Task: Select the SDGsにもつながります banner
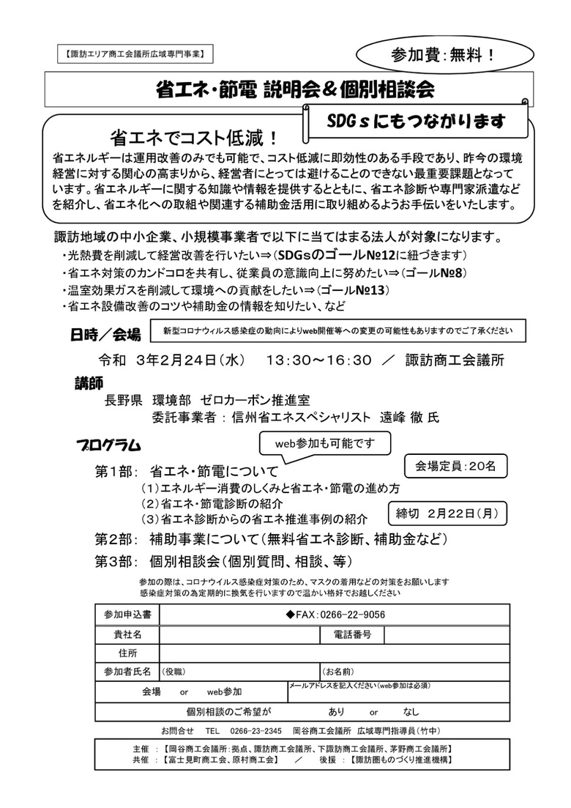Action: [417, 121]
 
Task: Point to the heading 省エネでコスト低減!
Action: [194, 137]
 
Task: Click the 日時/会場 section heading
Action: [105, 334]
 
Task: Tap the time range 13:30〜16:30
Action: [319, 360]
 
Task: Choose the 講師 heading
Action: [89, 383]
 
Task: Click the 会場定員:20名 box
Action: [455, 465]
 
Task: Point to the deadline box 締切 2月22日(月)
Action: [446, 513]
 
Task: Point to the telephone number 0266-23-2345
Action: [253, 730]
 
